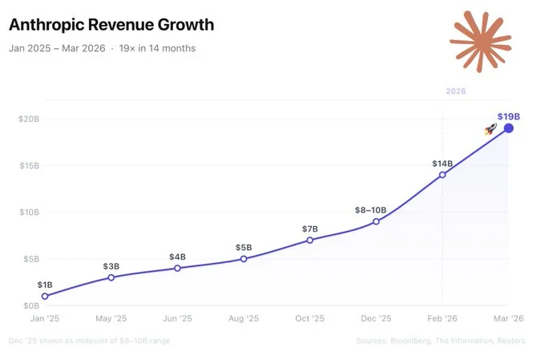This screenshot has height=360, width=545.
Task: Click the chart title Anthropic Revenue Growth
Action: [x=111, y=25]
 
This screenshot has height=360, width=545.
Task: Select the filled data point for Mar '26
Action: [x=508, y=128]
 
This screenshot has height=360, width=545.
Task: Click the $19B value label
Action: [x=508, y=116]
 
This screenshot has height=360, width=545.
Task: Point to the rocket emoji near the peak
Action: [x=491, y=129]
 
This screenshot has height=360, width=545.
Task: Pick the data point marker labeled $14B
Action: [x=442, y=175]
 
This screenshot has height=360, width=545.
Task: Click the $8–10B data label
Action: [x=370, y=210]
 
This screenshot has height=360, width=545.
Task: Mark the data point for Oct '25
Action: [x=310, y=240]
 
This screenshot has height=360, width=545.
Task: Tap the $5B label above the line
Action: [x=244, y=248]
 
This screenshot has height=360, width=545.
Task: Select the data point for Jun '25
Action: [x=177, y=268]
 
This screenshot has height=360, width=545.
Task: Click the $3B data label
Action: [x=111, y=266]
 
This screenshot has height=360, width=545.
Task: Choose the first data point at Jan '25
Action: [x=45, y=296]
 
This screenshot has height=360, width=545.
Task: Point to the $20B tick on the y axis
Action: [x=28, y=119]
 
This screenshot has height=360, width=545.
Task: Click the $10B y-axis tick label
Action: [x=28, y=212]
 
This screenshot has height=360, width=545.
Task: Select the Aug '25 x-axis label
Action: [x=244, y=319]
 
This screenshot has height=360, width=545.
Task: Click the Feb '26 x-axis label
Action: [x=442, y=319]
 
